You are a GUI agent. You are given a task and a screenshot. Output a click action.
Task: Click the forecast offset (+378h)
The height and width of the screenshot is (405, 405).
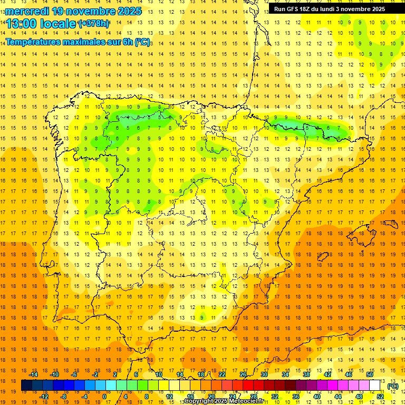point(94,24)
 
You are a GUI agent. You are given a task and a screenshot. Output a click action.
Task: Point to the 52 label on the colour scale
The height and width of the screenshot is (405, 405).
point(380,396)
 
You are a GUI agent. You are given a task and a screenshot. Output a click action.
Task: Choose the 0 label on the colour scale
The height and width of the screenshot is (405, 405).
point(104,396)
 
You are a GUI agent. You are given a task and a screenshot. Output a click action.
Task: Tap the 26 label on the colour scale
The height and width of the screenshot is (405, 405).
point(243,374)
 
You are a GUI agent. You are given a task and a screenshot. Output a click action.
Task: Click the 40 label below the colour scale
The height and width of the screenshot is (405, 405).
point(317,396)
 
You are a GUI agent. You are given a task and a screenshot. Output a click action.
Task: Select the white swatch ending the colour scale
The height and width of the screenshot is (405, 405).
point(375,385)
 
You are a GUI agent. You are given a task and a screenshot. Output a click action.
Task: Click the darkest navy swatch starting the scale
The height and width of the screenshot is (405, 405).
point(26,385)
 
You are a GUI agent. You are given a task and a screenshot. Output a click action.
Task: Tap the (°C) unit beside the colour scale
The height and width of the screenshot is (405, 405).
point(393,386)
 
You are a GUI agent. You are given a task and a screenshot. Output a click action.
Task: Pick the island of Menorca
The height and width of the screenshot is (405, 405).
point(391,222)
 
